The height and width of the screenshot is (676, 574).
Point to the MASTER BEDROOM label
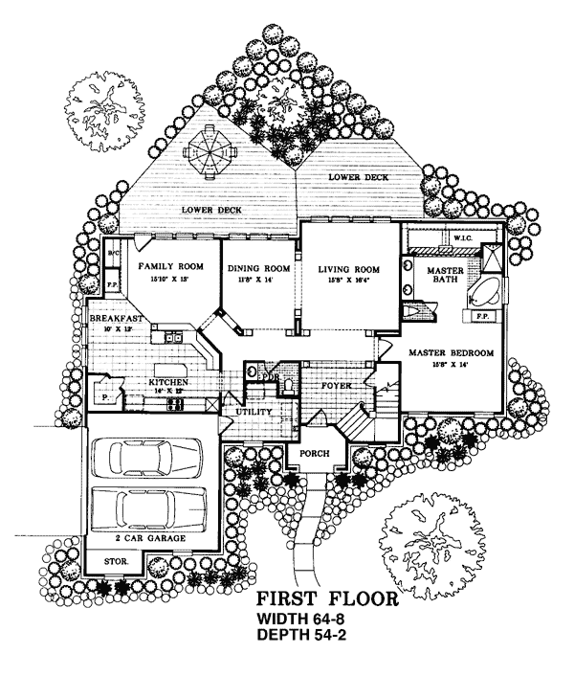pos(451,352)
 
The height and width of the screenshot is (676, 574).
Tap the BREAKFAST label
pos(116,318)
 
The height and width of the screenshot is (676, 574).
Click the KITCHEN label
pos(166,383)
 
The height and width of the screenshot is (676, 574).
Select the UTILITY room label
pos(254,412)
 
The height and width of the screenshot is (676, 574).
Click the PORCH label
pos(314,453)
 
